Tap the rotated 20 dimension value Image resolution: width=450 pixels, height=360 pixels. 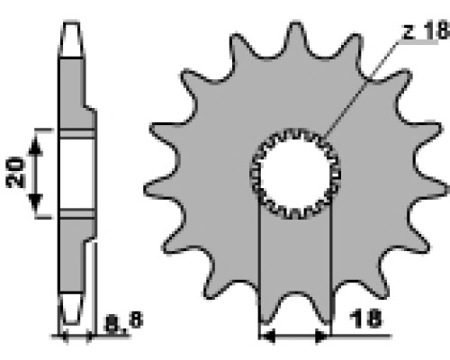15,173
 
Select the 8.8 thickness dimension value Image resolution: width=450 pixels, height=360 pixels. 123,322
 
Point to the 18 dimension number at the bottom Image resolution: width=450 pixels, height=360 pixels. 365,319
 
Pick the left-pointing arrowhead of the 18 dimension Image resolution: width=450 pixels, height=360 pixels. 267,336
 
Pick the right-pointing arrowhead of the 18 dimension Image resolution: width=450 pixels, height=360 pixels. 321,336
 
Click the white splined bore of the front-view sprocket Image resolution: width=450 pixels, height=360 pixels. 295,174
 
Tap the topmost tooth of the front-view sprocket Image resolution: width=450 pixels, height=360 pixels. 295,36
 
